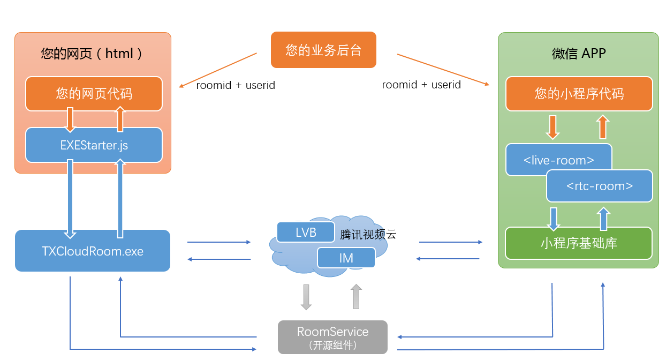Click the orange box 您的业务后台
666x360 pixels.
tap(323, 50)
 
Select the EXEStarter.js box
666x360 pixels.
tap(94, 145)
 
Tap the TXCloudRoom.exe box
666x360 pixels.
tap(93, 251)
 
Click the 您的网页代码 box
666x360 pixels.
tap(94, 94)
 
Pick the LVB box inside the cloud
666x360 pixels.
tap(306, 232)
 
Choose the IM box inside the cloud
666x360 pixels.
tap(346, 258)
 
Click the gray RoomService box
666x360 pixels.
tap(332, 337)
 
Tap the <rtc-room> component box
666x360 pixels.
tap(600, 186)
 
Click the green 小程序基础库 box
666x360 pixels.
tap(579, 243)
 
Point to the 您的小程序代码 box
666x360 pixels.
tap(579, 94)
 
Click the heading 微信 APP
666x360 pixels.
tap(579, 54)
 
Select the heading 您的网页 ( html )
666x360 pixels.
tap(91, 54)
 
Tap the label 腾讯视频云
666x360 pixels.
tap(368, 235)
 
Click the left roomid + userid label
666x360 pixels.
tap(236, 85)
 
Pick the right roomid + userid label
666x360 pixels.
tap(421, 85)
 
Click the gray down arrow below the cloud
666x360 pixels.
tap(306, 297)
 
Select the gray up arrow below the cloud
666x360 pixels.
tap(356, 297)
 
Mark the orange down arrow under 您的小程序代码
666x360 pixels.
tap(553, 127)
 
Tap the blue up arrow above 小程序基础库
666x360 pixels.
tap(603, 219)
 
